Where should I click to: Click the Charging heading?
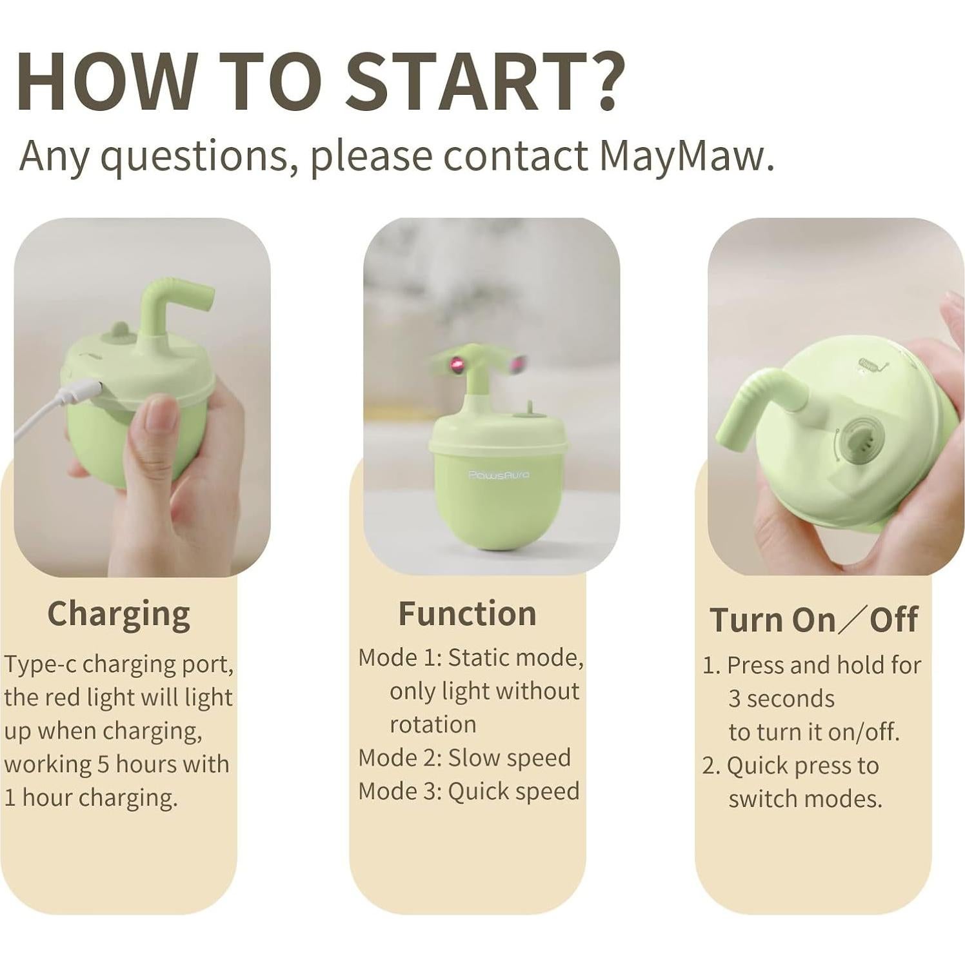point(119,613)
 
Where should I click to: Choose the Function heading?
point(467,613)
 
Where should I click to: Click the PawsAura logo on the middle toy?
point(499,475)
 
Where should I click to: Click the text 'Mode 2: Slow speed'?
point(464,758)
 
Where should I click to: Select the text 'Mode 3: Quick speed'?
point(469,791)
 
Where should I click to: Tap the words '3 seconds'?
point(781,699)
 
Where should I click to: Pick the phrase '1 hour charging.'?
point(90,798)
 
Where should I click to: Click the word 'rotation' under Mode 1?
point(433,724)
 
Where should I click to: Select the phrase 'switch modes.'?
point(805,799)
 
